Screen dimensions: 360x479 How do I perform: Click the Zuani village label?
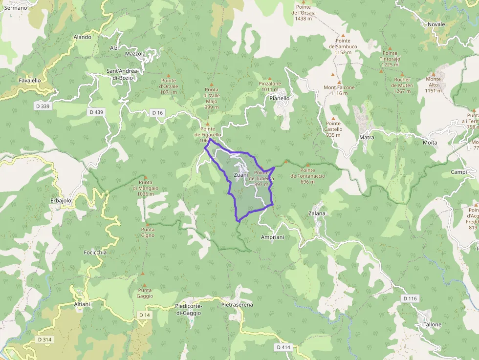pyautogui.click(x=241, y=175)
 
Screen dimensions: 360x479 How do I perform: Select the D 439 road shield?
pyautogui.click(x=97, y=112)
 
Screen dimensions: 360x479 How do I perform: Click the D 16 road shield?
pyautogui.click(x=157, y=113)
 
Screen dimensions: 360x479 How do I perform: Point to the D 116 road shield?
pyautogui.click(x=411, y=298)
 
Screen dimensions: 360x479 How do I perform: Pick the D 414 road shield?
pyautogui.click(x=283, y=347)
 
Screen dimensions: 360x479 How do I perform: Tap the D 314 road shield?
pyautogui.click(x=45, y=339)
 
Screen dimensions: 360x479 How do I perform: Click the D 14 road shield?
pyautogui.click(x=144, y=315)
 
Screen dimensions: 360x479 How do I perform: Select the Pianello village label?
pyautogui.click(x=280, y=98)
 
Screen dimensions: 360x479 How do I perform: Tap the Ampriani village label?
pyautogui.click(x=273, y=237)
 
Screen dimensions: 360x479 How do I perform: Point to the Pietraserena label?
pyautogui.click(x=237, y=305)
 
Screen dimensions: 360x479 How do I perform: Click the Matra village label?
pyautogui.click(x=367, y=138)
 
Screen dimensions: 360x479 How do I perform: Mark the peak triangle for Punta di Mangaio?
pyautogui.click(x=145, y=176)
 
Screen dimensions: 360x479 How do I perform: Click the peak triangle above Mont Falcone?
pyautogui.click(x=339, y=82)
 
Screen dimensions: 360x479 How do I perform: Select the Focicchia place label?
pyautogui.click(x=95, y=253)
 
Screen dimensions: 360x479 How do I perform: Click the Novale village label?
pyautogui.click(x=436, y=24)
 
